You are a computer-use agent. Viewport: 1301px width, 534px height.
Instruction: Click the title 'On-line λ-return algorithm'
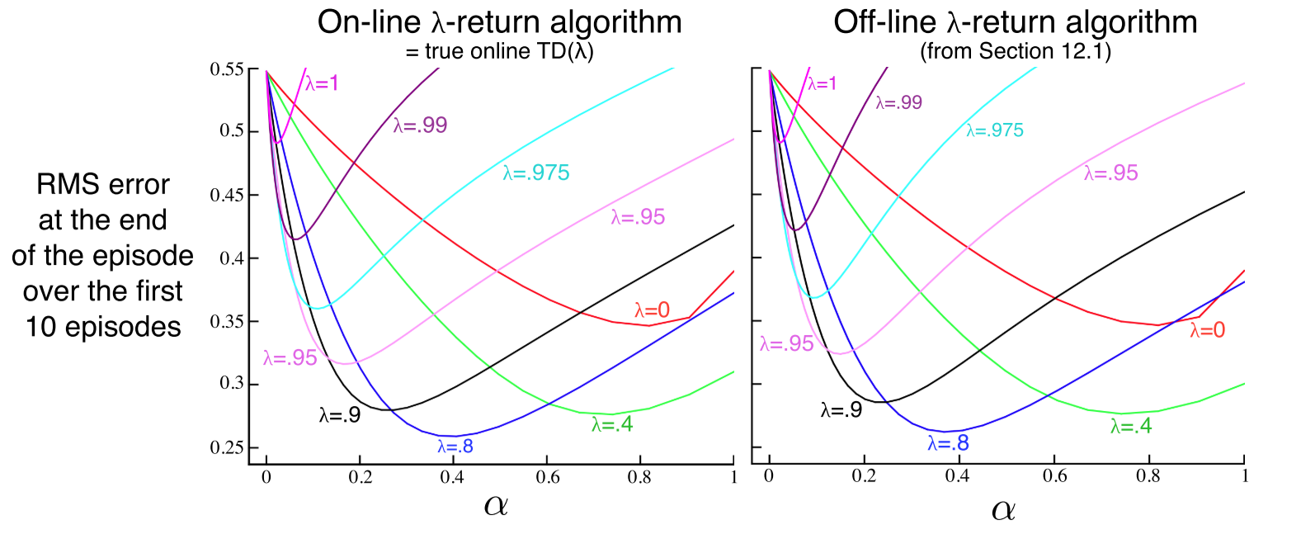tap(499, 22)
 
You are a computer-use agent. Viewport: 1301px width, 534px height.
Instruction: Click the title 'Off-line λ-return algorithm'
tap(1015, 22)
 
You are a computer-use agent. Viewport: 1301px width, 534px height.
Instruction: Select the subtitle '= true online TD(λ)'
tap(499, 51)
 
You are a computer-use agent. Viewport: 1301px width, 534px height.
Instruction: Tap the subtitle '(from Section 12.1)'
tap(1016, 51)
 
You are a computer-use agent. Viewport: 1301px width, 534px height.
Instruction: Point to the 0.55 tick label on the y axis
tap(227, 69)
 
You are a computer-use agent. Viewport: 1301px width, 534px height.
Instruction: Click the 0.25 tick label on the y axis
tap(227, 447)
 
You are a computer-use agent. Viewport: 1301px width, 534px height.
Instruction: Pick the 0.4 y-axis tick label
tap(230, 258)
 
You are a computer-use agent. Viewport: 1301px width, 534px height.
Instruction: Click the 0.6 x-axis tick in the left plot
tap(547, 477)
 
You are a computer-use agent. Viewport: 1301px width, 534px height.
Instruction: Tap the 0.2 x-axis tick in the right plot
tap(864, 476)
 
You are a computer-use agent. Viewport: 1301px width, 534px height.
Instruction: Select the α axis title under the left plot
tap(496, 504)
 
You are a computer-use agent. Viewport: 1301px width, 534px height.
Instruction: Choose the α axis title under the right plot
tap(1003, 509)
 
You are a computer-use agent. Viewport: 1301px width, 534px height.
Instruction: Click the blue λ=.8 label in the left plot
tap(455, 447)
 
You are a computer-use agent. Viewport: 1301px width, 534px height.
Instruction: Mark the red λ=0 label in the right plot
tap(1207, 331)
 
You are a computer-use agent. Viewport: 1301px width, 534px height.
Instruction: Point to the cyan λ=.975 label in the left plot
tap(536, 172)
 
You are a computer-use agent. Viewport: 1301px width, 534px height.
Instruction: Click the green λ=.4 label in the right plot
tap(1131, 426)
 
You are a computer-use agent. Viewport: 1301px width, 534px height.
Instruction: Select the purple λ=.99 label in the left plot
tap(420, 125)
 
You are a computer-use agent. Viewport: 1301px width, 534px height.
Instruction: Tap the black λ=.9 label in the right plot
tap(841, 409)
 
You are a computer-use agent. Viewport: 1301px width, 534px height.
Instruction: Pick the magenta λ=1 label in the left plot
tap(322, 83)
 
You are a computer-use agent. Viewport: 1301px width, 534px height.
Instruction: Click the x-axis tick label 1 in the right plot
tap(1244, 476)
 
